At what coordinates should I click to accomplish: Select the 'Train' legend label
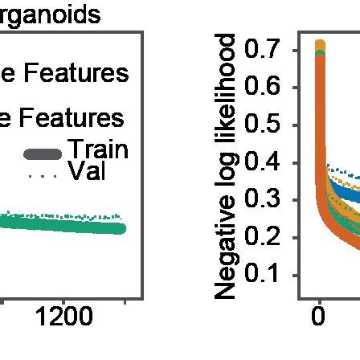click(x=97, y=149)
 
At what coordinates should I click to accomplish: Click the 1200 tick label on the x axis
click(x=64, y=317)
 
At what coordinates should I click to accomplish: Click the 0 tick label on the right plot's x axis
click(x=319, y=317)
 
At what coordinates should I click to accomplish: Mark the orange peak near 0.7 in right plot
click(x=320, y=46)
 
